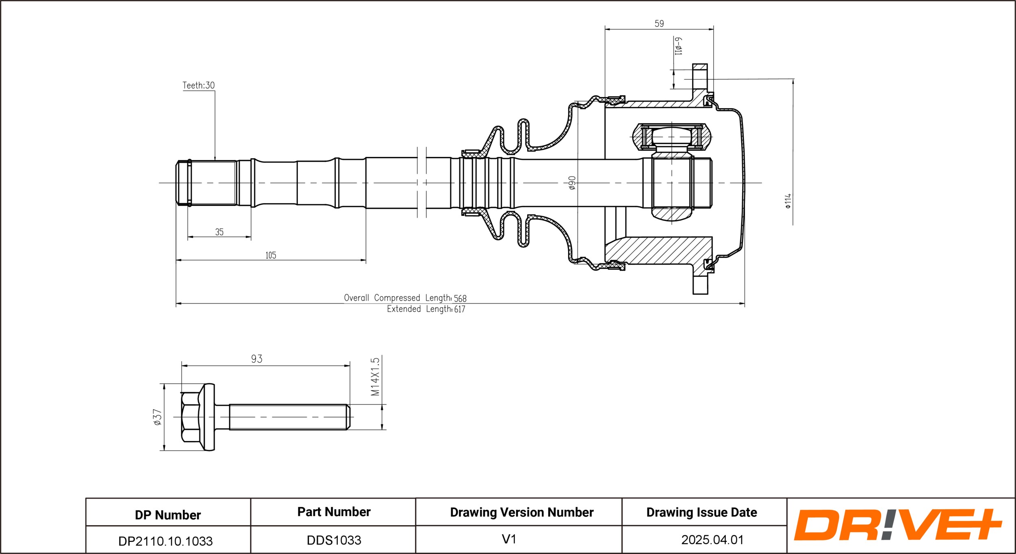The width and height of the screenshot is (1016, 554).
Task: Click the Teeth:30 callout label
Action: point(198,85)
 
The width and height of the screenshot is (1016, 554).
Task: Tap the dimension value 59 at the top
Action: point(659,24)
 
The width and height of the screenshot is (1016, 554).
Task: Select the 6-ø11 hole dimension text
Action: point(678,46)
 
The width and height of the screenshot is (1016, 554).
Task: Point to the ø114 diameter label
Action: point(788,201)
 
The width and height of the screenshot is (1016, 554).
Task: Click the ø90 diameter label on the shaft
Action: point(572,183)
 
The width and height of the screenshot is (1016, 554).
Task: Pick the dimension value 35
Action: point(219,232)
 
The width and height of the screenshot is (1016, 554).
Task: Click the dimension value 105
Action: point(271,255)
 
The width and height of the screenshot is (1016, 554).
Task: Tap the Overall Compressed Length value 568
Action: point(460,298)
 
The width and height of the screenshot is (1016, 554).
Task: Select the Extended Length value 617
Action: point(460,309)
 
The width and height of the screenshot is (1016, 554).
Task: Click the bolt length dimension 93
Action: point(256,359)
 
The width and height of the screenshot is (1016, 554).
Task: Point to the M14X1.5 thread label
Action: point(375,376)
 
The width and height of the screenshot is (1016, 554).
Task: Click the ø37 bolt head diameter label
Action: point(157,417)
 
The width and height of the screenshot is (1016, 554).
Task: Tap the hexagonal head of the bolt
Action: point(190,417)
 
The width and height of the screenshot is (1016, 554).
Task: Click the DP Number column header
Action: point(168,515)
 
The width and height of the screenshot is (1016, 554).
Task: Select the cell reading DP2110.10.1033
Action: point(165,541)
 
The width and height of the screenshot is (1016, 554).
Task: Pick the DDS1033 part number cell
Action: point(334,540)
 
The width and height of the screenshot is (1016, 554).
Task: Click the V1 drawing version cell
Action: point(509,539)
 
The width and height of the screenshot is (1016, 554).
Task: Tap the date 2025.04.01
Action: point(712,540)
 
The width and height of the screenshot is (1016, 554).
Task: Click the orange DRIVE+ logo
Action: point(898,525)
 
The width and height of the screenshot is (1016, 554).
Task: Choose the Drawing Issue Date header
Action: point(701,513)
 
